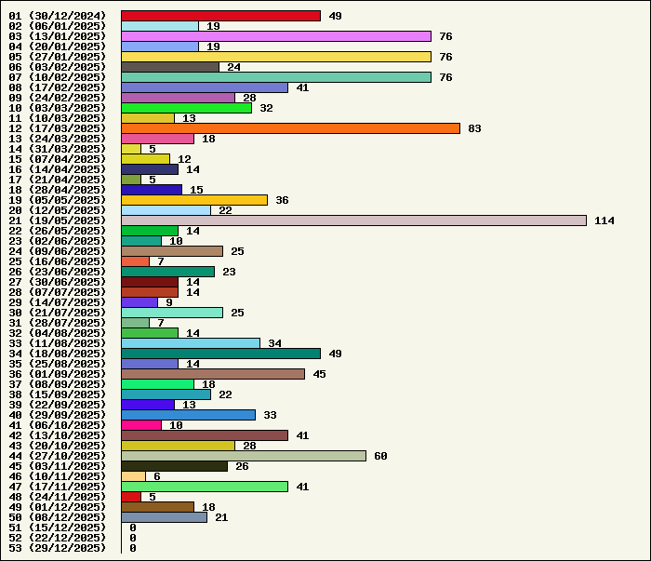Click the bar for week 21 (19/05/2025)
tap(353, 220)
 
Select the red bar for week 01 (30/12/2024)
tap(220, 16)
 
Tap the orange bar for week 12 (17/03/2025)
tap(290, 128)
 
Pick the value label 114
tap(604, 220)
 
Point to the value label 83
tap(474, 128)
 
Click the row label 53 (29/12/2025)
tap(58, 548)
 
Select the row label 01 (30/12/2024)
tap(58, 16)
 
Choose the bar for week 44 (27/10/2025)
tap(244, 456)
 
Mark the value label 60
tap(380, 456)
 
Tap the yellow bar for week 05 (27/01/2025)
tap(276, 57)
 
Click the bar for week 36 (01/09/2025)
tap(213, 374)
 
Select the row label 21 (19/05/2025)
tap(58, 220)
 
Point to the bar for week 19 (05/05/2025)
tap(194, 200)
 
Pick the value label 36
tap(282, 200)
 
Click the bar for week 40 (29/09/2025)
tap(188, 415)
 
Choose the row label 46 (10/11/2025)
tap(58, 476)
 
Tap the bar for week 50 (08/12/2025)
tap(164, 517)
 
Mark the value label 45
tap(319, 374)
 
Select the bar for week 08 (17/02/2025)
tap(205, 87)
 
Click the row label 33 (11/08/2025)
tap(58, 343)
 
